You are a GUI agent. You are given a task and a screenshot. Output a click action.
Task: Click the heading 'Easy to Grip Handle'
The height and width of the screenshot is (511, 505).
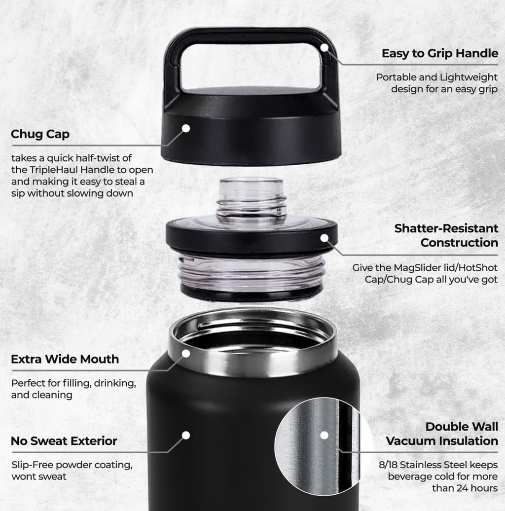point(439,53)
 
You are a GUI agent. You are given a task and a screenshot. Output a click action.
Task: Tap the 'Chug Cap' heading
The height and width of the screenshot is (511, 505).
point(40,134)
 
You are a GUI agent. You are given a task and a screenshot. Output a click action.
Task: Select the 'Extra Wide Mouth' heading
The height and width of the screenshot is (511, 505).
point(65,359)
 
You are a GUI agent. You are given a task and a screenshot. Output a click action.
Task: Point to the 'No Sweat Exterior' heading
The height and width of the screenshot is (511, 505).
point(64,440)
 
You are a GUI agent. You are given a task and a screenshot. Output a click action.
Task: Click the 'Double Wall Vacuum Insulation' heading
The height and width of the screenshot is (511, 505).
point(442,434)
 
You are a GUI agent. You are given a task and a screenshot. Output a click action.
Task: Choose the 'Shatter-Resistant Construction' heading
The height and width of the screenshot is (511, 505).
point(446,235)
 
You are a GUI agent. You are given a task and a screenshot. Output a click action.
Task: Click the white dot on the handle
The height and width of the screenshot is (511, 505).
point(324,48)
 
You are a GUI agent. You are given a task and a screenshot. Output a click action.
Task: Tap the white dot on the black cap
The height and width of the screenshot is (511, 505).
point(186,128)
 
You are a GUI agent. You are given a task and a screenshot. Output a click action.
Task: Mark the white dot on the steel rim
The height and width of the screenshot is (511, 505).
point(186,353)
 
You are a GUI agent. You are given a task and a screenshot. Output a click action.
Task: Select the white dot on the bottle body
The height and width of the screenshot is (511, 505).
point(186,435)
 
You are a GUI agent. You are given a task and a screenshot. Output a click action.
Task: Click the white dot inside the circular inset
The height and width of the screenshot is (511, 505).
point(324,435)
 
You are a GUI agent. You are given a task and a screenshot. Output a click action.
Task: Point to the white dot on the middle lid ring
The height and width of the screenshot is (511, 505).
point(324,238)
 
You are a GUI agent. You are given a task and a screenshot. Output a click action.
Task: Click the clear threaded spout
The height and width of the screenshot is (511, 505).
point(252,199)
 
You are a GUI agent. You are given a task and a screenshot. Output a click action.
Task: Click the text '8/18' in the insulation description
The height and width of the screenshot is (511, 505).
point(387,464)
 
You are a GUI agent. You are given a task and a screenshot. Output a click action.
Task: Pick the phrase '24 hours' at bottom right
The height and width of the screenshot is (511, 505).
point(480,488)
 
